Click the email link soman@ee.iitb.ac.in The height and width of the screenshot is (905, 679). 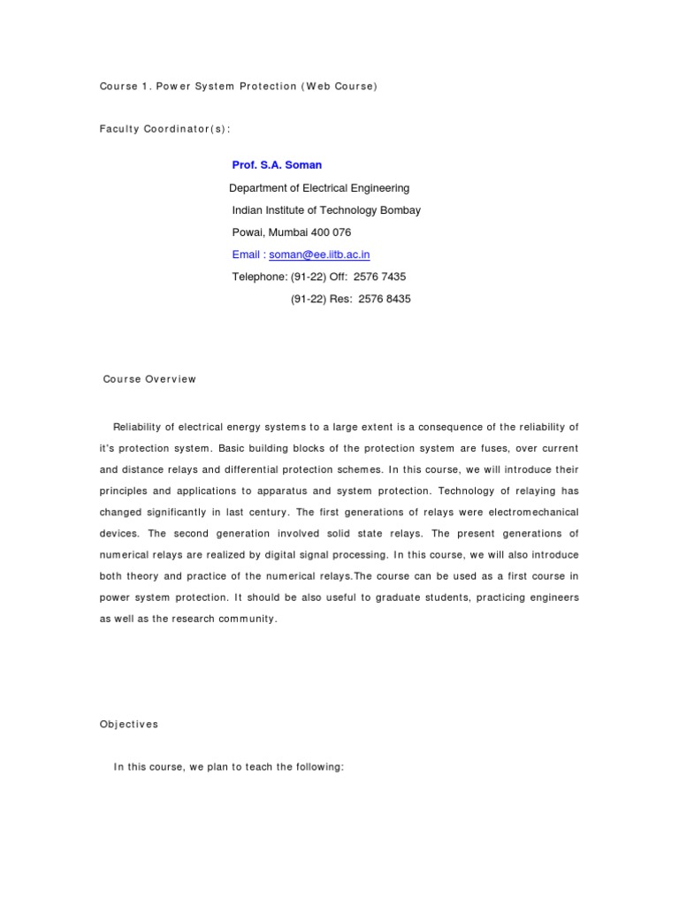click(319, 255)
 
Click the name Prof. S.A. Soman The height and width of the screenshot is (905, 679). click(277, 165)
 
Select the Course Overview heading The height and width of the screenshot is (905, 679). click(149, 379)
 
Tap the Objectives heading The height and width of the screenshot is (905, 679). click(128, 724)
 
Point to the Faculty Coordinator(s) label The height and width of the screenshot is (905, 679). click(165, 128)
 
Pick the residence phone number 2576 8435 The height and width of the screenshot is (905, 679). click(385, 299)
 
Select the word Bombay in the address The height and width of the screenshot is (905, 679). click(399, 210)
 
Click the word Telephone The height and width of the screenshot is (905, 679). click(259, 277)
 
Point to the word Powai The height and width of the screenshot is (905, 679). click(245, 232)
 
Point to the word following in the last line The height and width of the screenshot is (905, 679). click(316, 767)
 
